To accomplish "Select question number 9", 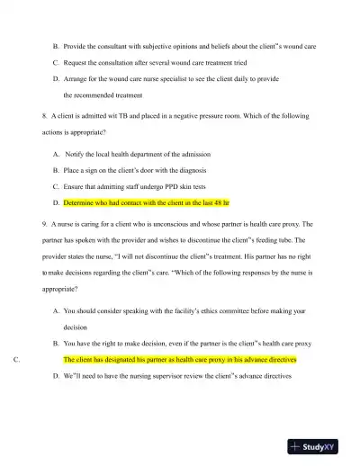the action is tap(45, 224).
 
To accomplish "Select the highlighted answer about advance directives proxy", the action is tap(180, 359).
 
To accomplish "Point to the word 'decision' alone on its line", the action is tap(76, 327).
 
